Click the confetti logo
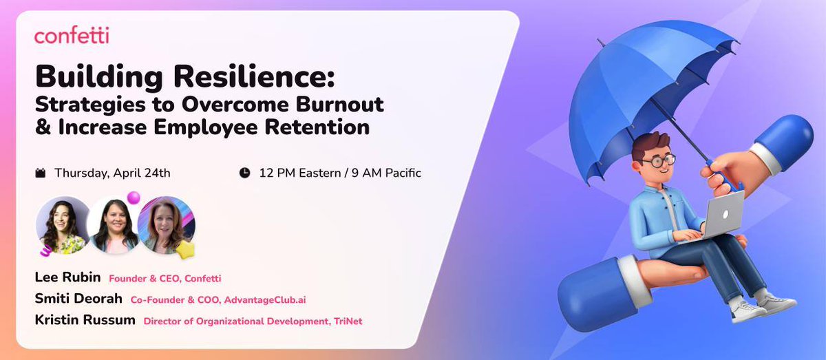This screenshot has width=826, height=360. point(72,36)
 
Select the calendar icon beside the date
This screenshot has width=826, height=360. point(41,173)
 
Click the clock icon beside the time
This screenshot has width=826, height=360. point(244,173)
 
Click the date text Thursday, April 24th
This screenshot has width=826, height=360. point(112,173)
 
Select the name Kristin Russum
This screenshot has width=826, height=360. point(85,321)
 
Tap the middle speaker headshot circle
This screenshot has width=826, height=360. point(114,225)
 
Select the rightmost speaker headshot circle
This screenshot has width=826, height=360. point(165,225)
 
